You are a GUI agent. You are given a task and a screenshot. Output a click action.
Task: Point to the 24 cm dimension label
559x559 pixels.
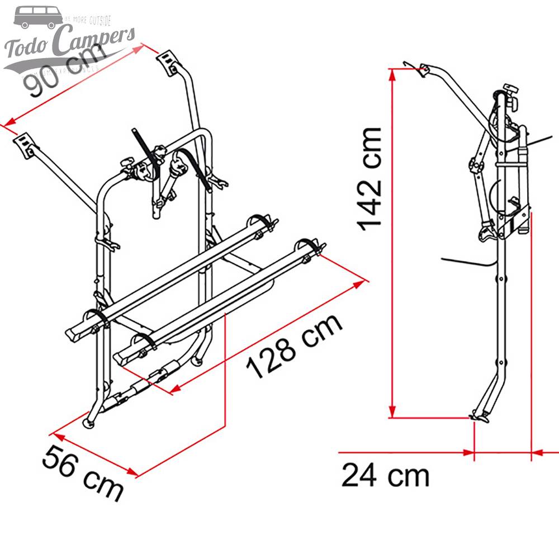pos(386,476)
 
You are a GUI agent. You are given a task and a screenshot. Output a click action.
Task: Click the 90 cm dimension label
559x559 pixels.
pos(64,70)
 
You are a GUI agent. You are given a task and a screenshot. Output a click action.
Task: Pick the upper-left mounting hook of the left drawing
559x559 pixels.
pos(24,144)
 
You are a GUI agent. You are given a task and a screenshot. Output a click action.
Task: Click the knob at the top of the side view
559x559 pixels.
pos(509,89)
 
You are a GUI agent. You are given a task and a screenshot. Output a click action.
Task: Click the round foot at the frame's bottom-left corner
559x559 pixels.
pos(89,423)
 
